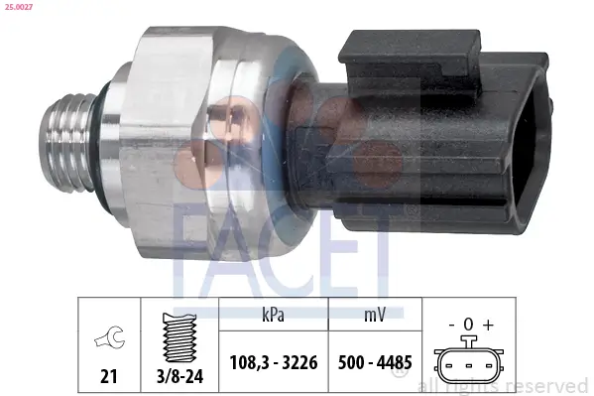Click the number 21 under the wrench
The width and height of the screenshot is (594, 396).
(x=108, y=377)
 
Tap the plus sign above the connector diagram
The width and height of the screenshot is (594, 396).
(x=487, y=325)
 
